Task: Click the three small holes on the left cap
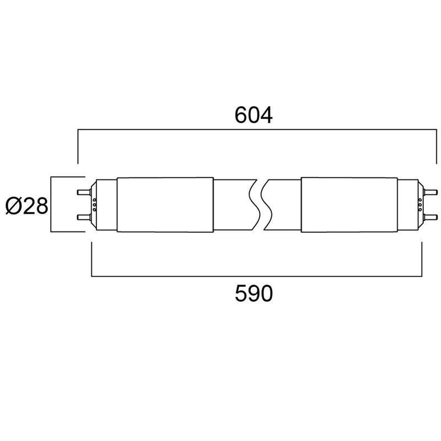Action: [95, 205]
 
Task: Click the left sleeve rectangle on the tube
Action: [165, 205]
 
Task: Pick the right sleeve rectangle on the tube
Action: [348, 205]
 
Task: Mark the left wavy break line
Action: [253, 205]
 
